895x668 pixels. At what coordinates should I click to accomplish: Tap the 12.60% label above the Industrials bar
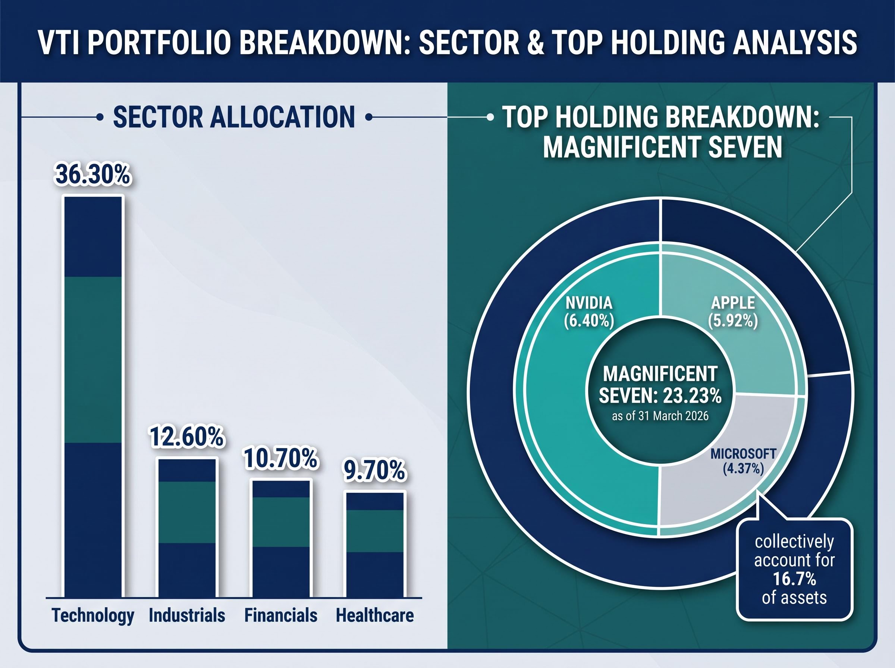pos(186,437)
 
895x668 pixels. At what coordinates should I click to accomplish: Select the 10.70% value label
pos(281,459)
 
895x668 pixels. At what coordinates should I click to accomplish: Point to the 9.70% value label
pos(374,472)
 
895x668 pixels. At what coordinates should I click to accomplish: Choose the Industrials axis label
pos(187,615)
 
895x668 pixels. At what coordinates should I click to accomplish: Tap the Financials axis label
pos(281,615)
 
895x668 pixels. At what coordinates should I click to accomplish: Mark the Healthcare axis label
pos(375,615)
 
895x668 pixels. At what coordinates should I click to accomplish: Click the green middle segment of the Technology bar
pos(93,359)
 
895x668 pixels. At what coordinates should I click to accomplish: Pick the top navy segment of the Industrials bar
pos(187,470)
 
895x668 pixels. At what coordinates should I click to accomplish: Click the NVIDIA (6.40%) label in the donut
pos(589,312)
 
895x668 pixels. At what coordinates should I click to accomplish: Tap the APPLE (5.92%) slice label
pos(733,312)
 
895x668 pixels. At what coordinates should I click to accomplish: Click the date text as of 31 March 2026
pos(660,416)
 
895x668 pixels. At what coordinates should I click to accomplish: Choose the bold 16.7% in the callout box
pos(794,579)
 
